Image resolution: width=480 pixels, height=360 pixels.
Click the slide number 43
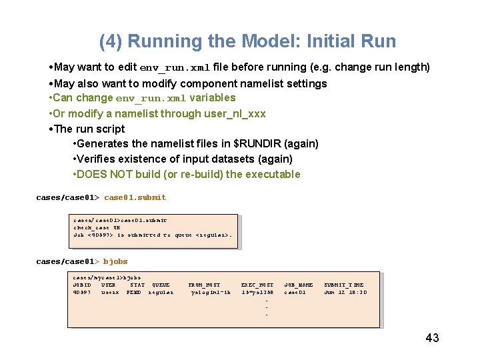[x=432, y=338]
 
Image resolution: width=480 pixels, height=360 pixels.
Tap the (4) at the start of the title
[x=111, y=41]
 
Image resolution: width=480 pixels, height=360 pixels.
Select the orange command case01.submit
[x=135, y=197]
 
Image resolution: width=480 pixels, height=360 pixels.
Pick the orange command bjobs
[x=115, y=261]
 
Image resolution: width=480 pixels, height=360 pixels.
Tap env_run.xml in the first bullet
[x=175, y=68]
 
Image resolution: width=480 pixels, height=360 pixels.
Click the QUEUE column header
[x=161, y=285]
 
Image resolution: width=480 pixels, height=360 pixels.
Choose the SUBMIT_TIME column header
[x=344, y=285]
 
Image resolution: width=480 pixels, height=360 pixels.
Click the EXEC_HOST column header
[x=257, y=285]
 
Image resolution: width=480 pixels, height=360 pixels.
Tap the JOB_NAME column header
[x=299, y=285]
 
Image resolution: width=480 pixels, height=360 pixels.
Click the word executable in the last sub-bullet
[x=275, y=175]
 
